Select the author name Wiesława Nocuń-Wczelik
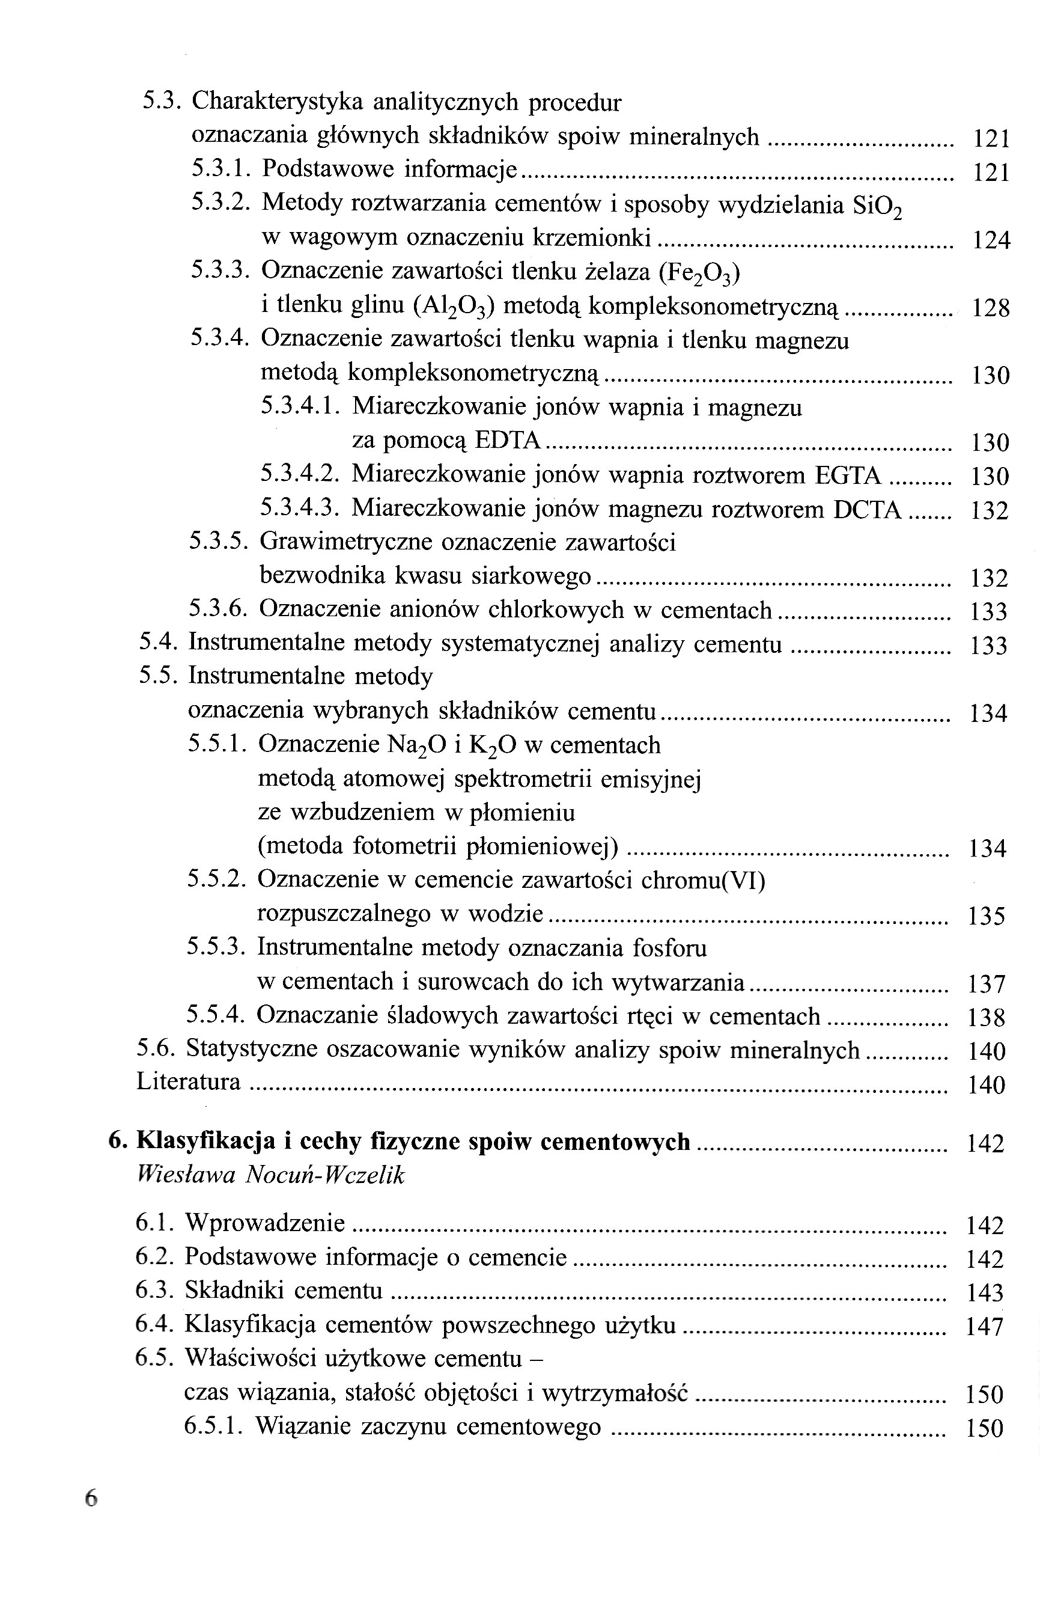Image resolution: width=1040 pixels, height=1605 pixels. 270,1175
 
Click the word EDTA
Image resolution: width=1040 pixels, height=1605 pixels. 508,441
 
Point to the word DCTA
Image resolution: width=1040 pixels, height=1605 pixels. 867,509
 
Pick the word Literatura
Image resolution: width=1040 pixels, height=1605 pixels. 188,1081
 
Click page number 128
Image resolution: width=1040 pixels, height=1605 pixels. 990,308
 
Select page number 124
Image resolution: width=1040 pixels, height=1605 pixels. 991,240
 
